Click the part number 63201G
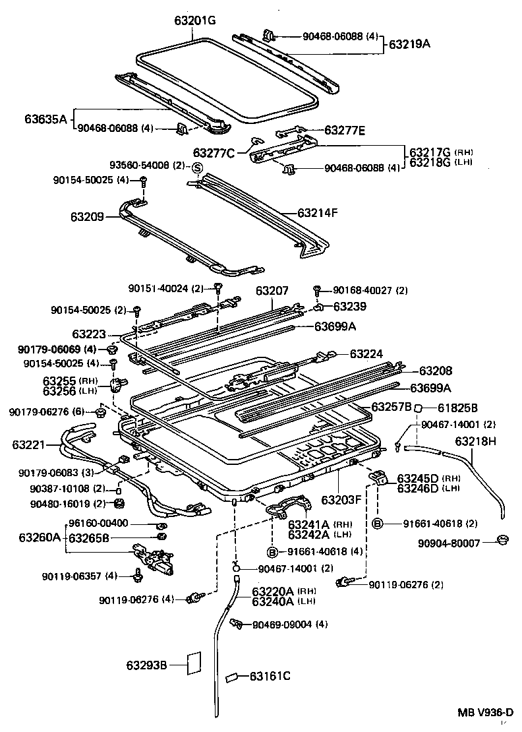(x=195, y=20)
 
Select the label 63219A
(x=409, y=45)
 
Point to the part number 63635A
(x=45, y=119)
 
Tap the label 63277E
(x=343, y=131)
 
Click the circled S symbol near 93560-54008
(x=196, y=168)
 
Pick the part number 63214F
(x=318, y=213)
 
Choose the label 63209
(x=87, y=216)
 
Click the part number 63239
(x=350, y=306)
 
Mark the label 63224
(x=366, y=353)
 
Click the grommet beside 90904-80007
(x=504, y=541)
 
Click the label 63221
(x=27, y=446)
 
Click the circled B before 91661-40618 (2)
(x=378, y=524)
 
